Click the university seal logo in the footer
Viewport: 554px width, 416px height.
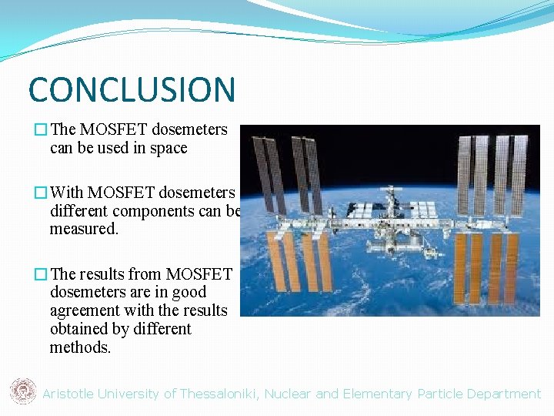22,392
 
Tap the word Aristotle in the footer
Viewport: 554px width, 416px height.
68,394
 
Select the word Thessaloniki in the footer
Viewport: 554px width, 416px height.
220,394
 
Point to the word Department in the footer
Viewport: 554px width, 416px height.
503,394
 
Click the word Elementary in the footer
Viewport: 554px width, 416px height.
377,394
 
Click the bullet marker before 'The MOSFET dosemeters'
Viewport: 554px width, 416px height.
41,130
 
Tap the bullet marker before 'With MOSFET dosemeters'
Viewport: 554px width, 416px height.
41,193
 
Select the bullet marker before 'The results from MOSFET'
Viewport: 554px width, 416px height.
41,273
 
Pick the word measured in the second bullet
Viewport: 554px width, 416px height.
83,230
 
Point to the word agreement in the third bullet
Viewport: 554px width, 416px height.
84,310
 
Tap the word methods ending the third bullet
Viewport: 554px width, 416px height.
80,347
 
